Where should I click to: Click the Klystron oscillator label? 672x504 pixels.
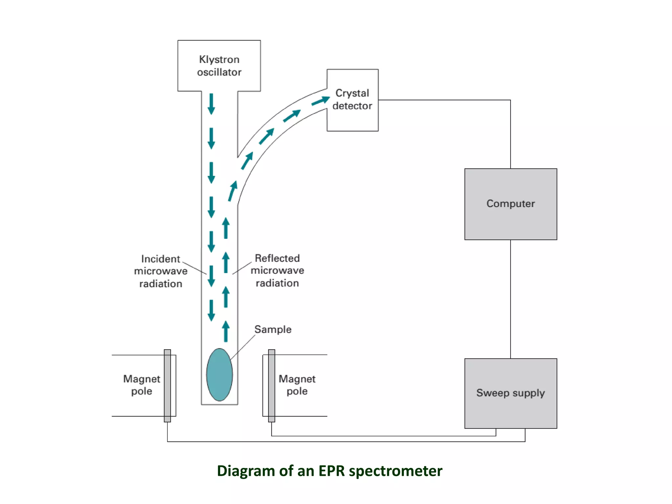point(219,66)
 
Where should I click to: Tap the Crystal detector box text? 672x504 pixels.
point(352,99)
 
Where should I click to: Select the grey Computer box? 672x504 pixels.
point(511,204)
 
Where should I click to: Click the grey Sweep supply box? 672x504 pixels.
point(511,393)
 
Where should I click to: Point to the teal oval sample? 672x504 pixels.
point(219,375)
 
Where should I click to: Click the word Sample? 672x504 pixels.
point(273,329)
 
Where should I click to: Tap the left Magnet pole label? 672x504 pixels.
point(141,385)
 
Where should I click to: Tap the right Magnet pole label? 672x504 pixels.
point(297,385)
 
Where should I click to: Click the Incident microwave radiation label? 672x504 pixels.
point(160,271)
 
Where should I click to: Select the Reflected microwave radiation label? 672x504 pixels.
point(277,271)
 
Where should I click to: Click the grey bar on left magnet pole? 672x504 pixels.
point(167,386)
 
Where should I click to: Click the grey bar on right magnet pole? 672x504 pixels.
point(272,386)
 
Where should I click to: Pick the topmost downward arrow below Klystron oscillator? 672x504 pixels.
point(211,104)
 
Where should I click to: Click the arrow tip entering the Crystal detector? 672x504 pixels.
point(325,99)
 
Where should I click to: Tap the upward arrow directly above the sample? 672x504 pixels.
point(226,331)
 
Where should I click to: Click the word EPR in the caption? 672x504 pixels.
point(331,471)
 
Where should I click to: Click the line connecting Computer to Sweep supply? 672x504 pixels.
point(511,299)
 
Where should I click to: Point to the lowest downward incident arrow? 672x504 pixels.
point(211,310)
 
